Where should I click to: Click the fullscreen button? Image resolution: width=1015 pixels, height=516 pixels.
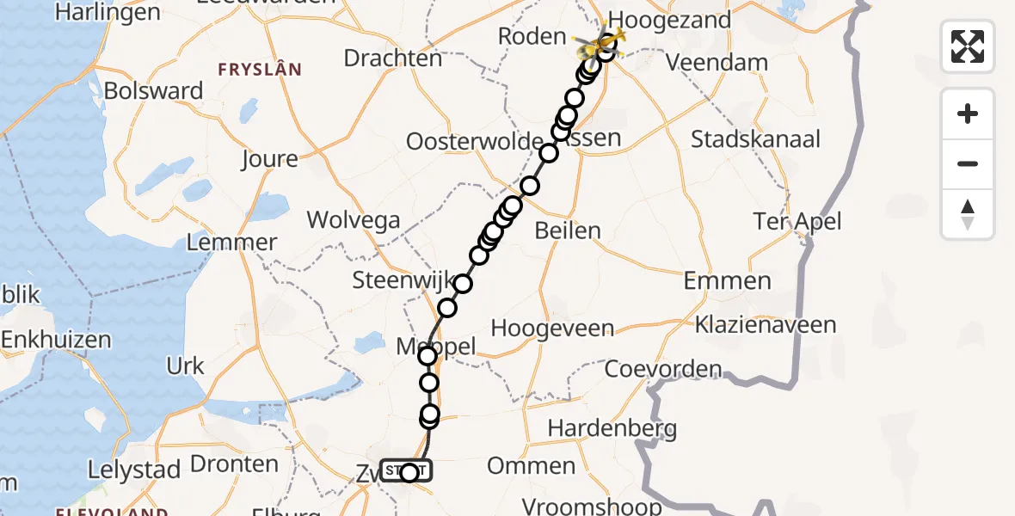pyautogui.click(x=968, y=46)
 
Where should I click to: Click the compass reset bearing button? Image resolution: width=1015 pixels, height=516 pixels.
pyautogui.click(x=968, y=214)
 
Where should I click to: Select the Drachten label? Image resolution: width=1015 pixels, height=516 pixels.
pyautogui.click(x=393, y=58)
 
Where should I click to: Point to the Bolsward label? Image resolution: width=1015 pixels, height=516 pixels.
pyautogui.click(x=153, y=91)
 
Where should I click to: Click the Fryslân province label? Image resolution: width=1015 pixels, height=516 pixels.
pyautogui.click(x=260, y=70)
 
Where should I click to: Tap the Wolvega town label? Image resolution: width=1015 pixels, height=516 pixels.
pyautogui.click(x=354, y=220)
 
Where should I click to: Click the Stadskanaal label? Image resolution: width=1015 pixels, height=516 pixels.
pyautogui.click(x=755, y=139)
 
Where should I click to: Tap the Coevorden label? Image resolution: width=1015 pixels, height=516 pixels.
pyautogui.click(x=663, y=370)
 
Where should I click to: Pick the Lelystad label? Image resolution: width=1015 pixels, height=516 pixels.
pyautogui.click(x=134, y=470)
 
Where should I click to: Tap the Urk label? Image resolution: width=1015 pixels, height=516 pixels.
pyautogui.click(x=186, y=366)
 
